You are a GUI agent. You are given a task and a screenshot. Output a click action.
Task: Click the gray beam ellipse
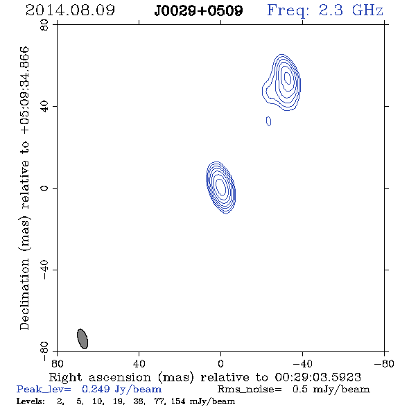82,338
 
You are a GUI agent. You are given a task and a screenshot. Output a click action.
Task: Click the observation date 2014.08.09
70,10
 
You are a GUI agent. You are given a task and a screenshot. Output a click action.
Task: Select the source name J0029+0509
198,10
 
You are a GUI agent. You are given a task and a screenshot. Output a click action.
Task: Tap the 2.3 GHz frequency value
351,10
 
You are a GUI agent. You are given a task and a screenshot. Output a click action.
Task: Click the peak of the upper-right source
288,78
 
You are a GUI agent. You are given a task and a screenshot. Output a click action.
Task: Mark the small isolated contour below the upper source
268,121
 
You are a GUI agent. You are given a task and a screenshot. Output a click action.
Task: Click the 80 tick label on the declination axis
44,25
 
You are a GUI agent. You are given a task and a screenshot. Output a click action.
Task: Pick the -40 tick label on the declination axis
44,270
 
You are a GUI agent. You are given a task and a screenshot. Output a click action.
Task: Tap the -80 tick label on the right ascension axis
384,363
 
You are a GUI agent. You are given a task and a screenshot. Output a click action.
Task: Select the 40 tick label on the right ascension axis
139,363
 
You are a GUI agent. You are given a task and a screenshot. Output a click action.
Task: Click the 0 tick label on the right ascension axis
220,363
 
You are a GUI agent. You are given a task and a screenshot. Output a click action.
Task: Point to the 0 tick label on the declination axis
44,188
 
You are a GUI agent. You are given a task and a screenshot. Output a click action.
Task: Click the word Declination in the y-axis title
24,295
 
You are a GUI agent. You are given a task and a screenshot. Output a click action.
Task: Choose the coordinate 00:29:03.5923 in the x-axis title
317,377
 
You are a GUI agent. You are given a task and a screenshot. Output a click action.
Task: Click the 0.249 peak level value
96,389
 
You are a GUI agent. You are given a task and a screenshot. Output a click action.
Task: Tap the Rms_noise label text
250,390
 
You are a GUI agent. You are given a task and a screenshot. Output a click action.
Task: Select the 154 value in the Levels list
177,401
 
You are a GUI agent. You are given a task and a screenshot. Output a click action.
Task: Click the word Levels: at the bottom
31,401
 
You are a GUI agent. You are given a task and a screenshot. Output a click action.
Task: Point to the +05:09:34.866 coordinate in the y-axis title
25,91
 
